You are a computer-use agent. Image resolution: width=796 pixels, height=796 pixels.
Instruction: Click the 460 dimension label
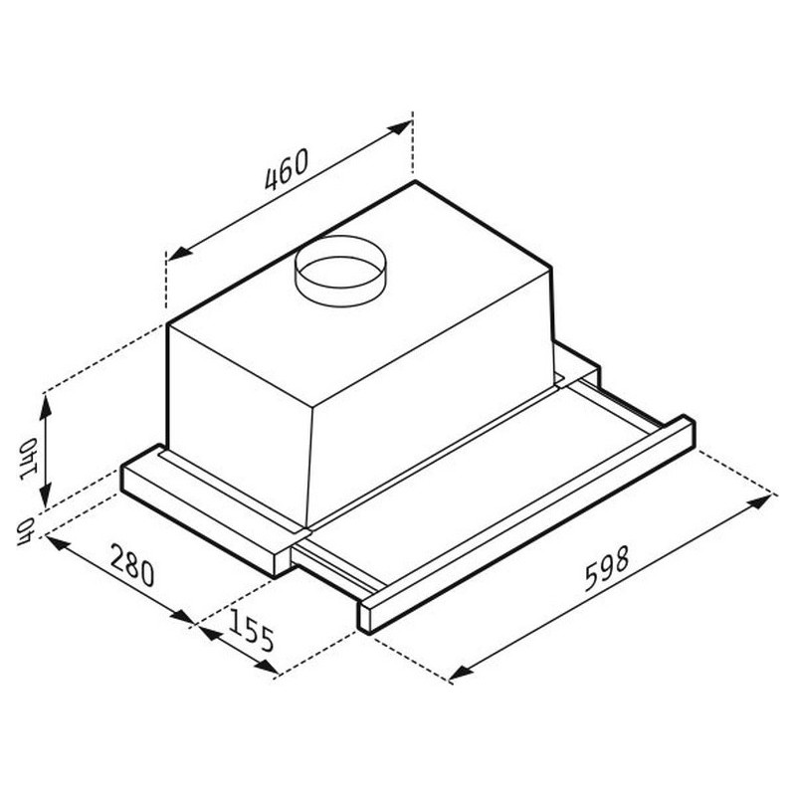tap(287, 169)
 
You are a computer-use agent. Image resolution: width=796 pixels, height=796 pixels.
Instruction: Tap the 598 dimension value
tap(607, 568)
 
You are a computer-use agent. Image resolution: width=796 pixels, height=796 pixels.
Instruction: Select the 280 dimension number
tap(132, 564)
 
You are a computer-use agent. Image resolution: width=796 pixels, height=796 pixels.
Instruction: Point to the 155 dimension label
tap(252, 631)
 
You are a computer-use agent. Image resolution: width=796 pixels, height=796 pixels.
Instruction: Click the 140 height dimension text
tap(29, 459)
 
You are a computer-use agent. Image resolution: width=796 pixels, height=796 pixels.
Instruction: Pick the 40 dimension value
tap(24, 531)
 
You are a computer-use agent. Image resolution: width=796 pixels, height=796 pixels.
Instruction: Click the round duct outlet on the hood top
tap(340, 271)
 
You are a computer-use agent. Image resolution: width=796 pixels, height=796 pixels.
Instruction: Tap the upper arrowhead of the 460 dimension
tap(399, 127)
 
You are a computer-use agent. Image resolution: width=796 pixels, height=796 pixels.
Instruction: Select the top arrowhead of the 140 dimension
tap(45, 406)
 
